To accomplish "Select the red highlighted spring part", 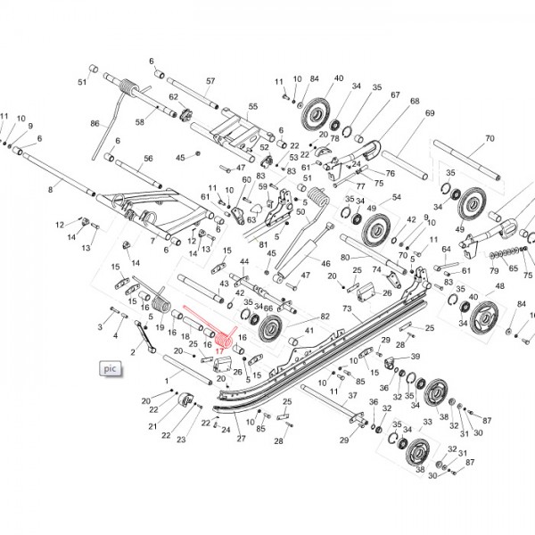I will point(207,328).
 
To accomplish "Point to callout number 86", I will point(95,123).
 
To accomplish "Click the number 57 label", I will point(210,81).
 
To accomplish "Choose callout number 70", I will point(489,138).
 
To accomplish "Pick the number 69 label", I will point(430,113).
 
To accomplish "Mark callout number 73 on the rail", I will point(348,309).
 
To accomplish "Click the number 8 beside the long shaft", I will point(51,190).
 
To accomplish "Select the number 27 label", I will point(240,440).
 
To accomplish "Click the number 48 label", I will point(499,286).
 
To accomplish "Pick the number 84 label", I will point(314,79).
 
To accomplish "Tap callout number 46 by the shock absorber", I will point(325,264).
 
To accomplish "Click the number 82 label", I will point(325,317).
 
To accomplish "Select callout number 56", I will point(149,159).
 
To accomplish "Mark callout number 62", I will point(175,97).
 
